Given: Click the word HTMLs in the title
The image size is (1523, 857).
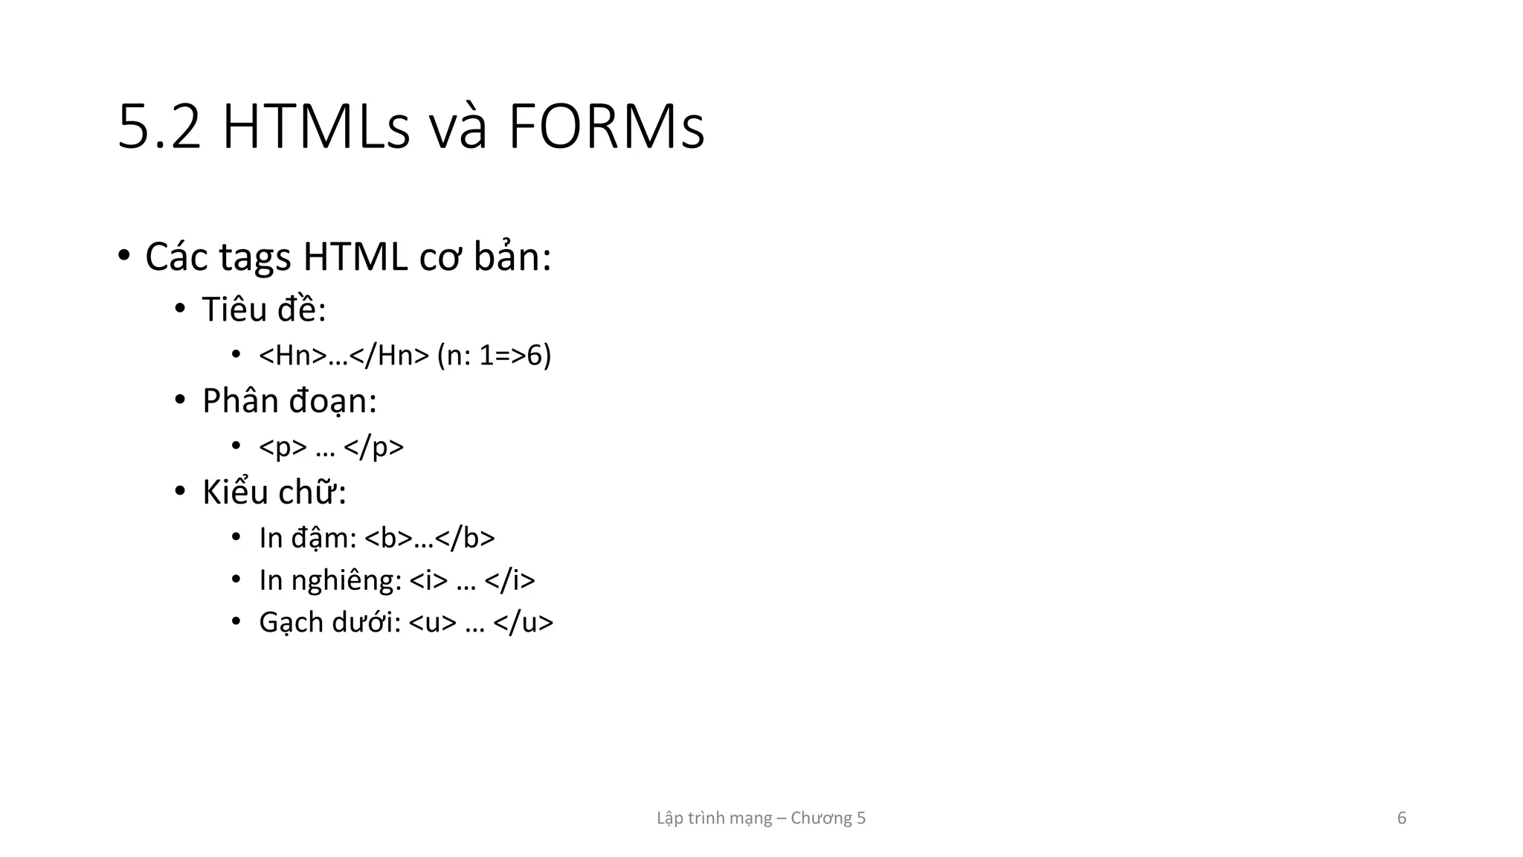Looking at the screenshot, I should (315, 128).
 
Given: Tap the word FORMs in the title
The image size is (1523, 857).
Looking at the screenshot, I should (605, 128).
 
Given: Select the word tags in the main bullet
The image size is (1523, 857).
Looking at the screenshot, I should (254, 258).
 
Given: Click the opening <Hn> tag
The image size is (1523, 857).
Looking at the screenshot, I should (292, 356).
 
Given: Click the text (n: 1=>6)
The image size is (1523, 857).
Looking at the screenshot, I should (494, 356).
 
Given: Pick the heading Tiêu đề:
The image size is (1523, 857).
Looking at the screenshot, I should (264, 309).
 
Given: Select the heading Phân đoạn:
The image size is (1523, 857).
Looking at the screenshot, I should (289, 401).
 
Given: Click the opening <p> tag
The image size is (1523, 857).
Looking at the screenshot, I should (283, 447).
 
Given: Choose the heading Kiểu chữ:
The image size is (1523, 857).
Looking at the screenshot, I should (274, 492).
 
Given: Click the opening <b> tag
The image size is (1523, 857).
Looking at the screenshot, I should (388, 538).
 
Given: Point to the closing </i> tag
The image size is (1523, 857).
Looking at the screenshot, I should (509, 580).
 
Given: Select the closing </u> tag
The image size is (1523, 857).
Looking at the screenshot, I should (523, 623).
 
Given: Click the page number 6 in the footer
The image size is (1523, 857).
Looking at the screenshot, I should (1402, 818).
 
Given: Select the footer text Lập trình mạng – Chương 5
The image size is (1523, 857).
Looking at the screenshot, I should (761, 818).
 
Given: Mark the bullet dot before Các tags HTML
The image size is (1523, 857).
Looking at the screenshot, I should (124, 255).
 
